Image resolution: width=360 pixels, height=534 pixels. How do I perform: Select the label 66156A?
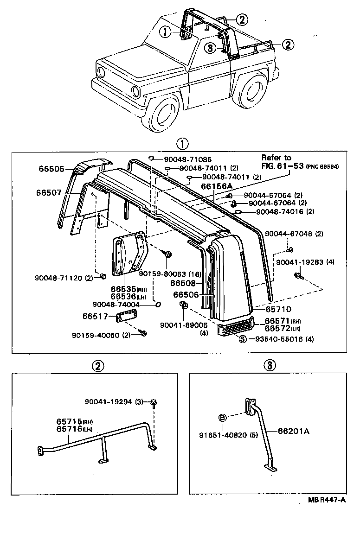point(216,186)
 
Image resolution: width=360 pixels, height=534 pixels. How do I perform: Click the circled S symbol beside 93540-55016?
point(243,339)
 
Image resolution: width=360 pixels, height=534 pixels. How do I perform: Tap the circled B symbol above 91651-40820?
point(222,418)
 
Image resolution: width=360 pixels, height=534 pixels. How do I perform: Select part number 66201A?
point(293,431)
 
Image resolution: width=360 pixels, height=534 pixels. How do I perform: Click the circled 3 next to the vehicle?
point(211,48)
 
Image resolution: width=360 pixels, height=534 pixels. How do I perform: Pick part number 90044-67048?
point(293,234)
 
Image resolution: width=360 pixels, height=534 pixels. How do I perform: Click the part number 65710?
point(278,309)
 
